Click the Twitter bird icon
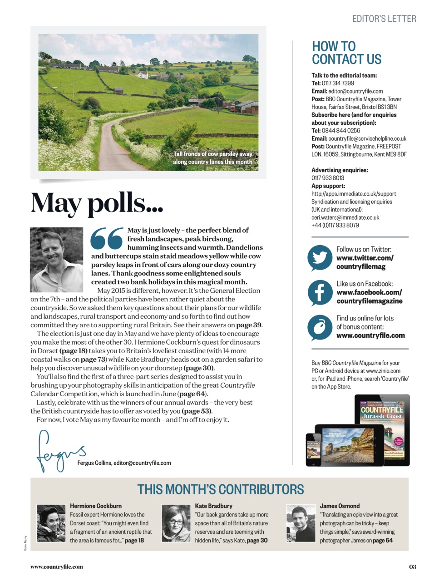click(x=320, y=258)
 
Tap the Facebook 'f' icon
click(x=320, y=292)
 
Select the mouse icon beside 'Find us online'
click(x=320, y=327)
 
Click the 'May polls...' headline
click(x=97, y=203)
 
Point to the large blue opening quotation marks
click(x=107, y=238)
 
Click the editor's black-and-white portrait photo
click(x=56, y=259)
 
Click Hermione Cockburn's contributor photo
click(x=51, y=523)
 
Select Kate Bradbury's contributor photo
click(x=176, y=523)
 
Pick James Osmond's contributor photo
click(x=301, y=523)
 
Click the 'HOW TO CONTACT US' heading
click(x=346, y=53)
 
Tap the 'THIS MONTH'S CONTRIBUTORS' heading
click(x=221, y=489)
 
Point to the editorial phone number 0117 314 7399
click(x=338, y=83)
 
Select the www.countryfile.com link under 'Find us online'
click(x=370, y=335)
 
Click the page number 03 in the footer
click(x=412, y=566)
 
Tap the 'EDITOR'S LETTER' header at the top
click(x=384, y=19)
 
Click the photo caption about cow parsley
click(x=212, y=158)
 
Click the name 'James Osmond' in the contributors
click(x=340, y=506)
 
